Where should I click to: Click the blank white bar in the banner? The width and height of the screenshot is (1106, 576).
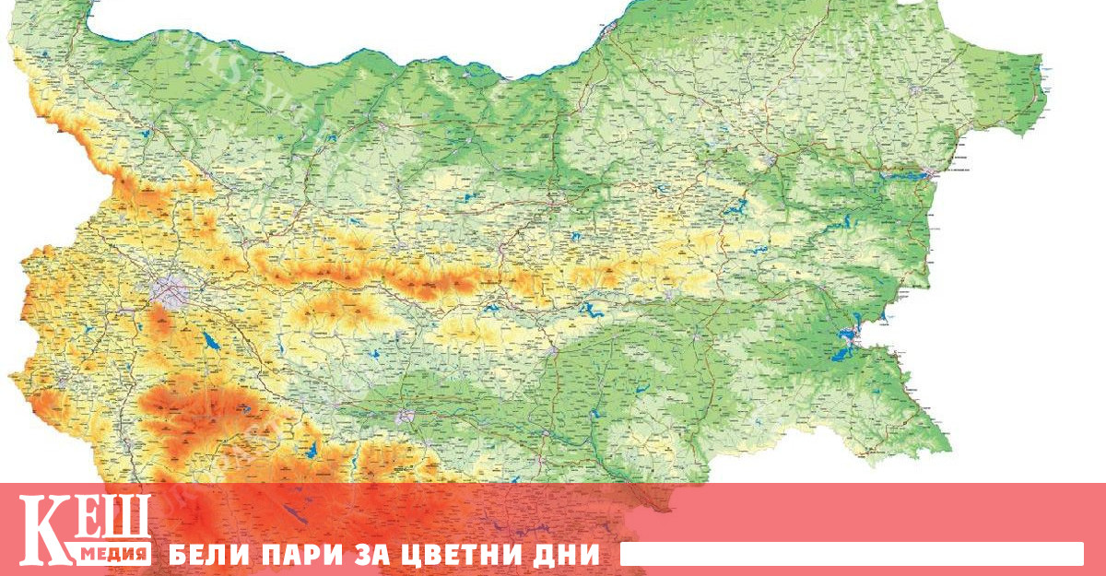click(851, 554)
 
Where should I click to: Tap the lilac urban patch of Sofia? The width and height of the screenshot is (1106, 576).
click(170, 290)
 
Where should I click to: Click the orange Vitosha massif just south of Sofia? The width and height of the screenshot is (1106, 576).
click(162, 323)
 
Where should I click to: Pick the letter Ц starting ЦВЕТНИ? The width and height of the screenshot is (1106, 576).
click(401, 555)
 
